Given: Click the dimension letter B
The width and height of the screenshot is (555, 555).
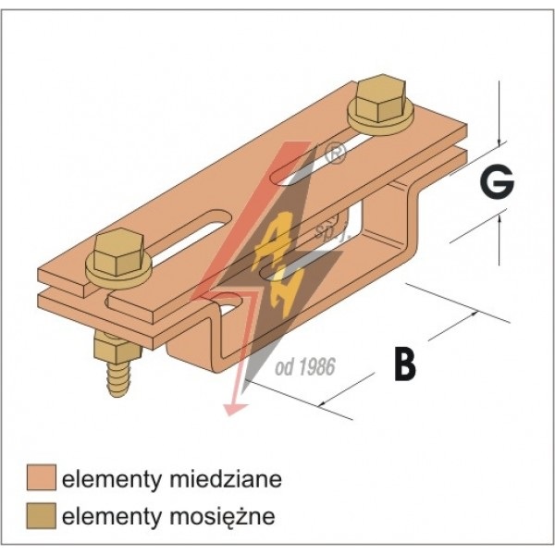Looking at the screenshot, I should tap(403, 364).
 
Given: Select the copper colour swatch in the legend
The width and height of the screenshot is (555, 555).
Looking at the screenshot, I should tap(41, 478).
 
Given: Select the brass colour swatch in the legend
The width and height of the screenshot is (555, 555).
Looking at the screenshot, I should tap(41, 514).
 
